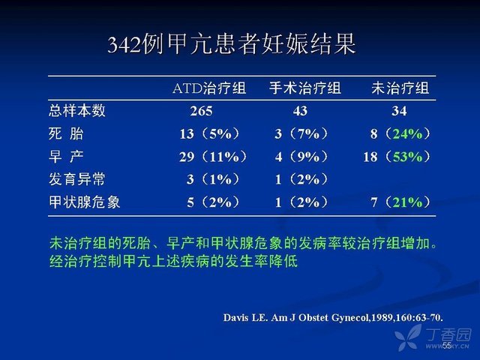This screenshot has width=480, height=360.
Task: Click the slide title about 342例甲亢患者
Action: pos(232,45)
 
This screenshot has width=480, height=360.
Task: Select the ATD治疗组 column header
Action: pos(209,88)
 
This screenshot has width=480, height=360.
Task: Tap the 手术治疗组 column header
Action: pos(305,88)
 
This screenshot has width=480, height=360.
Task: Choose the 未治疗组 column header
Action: pos(400,88)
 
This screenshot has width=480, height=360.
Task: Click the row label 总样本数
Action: pos(77,110)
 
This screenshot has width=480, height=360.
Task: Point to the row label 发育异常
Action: pos(77,179)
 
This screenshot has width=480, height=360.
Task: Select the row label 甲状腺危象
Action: pos(85,202)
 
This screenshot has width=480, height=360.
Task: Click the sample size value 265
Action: pos(201,111)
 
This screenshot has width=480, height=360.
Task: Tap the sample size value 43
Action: pos(300,111)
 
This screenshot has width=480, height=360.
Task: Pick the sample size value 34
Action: pos(399,111)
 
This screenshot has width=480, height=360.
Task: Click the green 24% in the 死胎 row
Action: pos(407,133)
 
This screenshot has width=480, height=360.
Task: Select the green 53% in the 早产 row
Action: pos(407,157)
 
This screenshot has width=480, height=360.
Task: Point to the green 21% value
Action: pos(407,202)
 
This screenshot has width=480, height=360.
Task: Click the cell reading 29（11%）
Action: pos(213,157)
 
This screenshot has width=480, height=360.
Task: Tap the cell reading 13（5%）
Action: pos(209,133)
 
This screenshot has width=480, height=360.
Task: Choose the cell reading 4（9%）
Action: pos(301,157)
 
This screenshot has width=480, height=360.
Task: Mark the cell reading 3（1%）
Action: pos(213,179)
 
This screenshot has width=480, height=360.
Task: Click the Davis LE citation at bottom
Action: pos(333,317)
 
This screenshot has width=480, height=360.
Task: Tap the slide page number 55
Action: pos(447,345)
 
